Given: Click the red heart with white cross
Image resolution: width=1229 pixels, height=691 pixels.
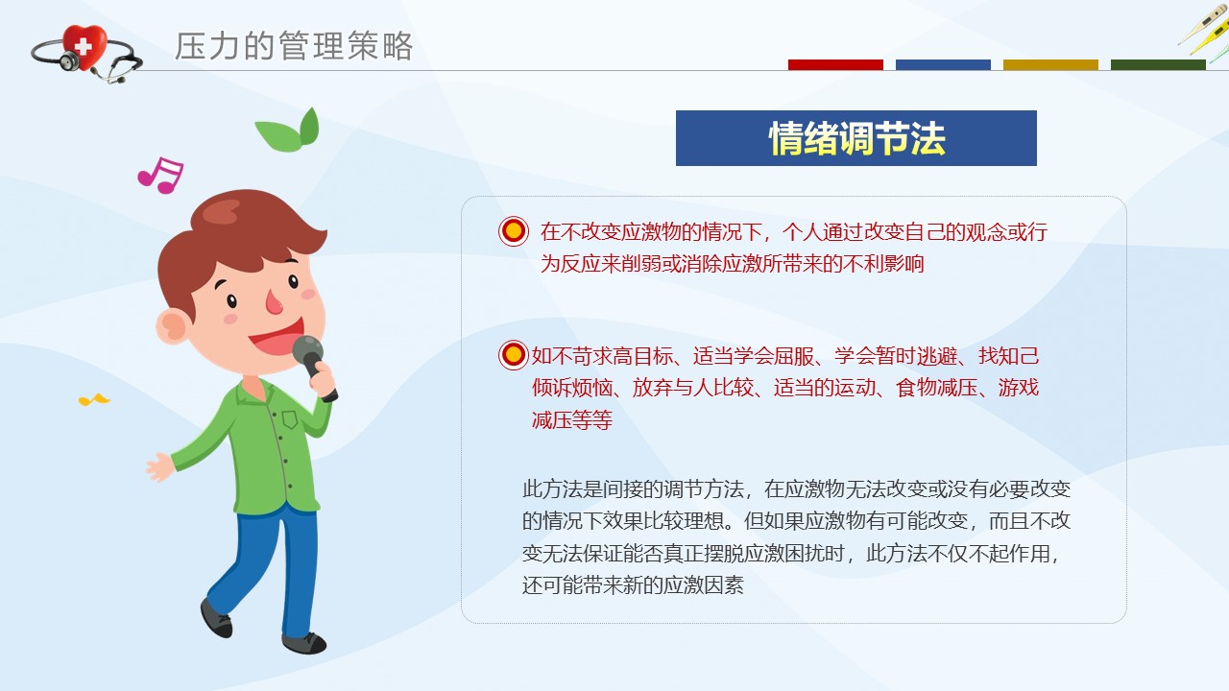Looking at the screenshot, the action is (84, 46).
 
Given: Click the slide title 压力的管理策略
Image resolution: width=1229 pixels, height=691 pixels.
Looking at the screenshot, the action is (294, 45).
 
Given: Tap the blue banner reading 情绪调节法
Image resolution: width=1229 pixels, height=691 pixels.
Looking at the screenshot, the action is (855, 138).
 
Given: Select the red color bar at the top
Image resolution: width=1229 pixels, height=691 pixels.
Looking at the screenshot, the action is (835, 64).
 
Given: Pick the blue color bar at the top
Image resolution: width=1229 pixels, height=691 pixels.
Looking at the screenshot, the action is (943, 64).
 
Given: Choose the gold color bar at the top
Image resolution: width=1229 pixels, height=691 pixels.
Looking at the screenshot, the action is (1050, 64).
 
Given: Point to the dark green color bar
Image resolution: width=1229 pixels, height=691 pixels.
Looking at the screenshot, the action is (1158, 64).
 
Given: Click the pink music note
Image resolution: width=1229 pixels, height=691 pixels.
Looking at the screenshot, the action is (160, 176).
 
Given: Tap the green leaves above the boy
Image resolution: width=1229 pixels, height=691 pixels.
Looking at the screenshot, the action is (288, 131).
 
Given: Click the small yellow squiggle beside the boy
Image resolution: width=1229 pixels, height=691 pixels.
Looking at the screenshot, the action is (94, 400).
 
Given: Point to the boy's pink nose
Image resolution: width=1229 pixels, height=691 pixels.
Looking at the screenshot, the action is (274, 302).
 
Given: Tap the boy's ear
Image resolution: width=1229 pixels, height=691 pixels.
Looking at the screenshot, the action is (174, 327).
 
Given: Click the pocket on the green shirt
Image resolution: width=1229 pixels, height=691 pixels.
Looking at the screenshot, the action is (290, 419).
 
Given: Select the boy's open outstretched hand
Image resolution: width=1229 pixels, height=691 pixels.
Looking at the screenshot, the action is (159, 467).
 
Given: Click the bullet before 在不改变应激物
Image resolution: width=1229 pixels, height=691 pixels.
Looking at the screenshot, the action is (514, 231).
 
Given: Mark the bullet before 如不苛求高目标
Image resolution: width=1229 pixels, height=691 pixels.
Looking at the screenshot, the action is (514, 354).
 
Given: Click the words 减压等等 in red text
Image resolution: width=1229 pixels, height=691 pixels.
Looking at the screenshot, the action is (571, 420).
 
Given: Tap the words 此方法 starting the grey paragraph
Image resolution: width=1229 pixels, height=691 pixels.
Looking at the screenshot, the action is (552, 488).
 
